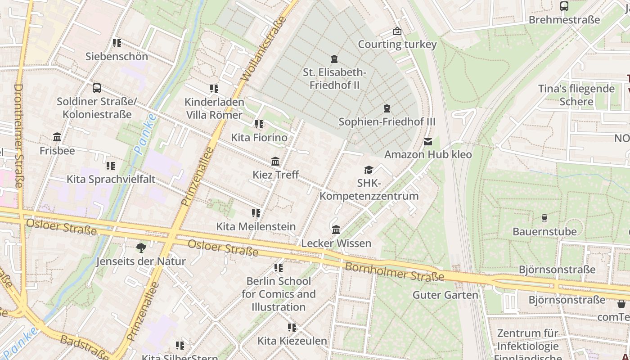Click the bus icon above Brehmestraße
coord(564,6)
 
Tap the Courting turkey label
coord(397,44)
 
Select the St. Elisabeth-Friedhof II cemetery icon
coord(334,59)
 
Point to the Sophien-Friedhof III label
coord(387,122)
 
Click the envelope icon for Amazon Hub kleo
coord(427,142)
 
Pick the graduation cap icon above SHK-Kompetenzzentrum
coord(369,170)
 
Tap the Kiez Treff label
coord(275,175)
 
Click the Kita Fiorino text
coord(259,137)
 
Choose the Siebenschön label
coord(117,56)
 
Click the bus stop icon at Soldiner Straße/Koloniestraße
coord(96,88)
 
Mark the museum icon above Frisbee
coord(57,137)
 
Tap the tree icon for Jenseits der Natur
coord(141,247)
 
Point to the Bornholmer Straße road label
coord(394,271)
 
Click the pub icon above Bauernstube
coord(544,218)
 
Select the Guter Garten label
coord(445,295)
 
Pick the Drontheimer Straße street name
coord(19,135)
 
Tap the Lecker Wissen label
coord(336,243)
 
